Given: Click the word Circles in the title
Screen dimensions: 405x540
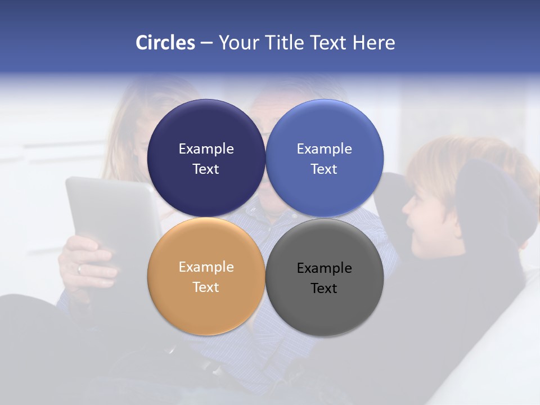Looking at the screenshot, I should coord(165,43).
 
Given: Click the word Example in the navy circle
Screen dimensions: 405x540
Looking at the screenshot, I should coord(206,149).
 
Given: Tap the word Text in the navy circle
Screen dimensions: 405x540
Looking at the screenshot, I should coord(206,169).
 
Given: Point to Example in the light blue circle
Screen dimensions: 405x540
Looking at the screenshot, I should coord(325,149).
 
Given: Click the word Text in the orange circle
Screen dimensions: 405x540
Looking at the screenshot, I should coord(206,287).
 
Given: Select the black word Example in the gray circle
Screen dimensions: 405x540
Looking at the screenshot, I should coord(325,268).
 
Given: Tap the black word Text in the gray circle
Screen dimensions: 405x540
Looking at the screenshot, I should coord(325,289).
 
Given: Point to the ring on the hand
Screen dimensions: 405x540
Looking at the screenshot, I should coord(79,269).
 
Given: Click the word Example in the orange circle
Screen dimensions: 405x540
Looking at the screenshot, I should coord(206,267).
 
